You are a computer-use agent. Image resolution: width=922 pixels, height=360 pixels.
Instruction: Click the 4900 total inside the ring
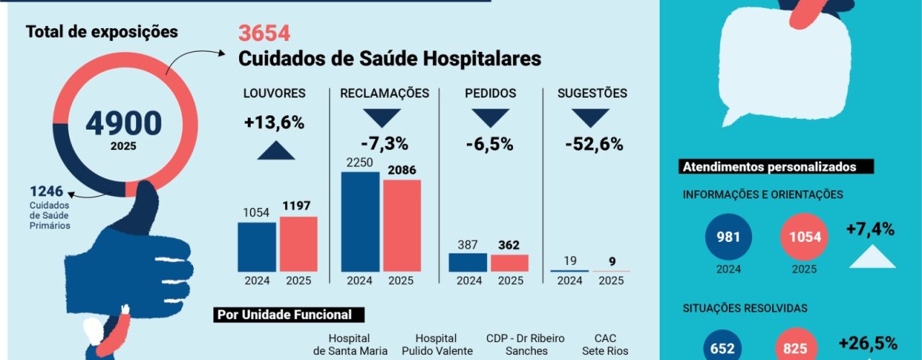click(x=123, y=123)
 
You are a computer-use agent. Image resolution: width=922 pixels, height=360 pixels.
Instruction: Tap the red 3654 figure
click(x=264, y=33)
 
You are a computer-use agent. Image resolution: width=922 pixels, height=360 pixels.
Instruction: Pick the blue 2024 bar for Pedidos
click(x=467, y=262)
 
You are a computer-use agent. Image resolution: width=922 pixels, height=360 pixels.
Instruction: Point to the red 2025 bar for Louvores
click(x=298, y=243)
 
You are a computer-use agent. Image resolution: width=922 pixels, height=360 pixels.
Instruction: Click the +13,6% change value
click(x=274, y=122)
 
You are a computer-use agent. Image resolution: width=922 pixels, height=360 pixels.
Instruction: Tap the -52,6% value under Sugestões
click(x=594, y=144)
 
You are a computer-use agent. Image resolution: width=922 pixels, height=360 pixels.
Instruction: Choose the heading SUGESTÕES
click(x=592, y=94)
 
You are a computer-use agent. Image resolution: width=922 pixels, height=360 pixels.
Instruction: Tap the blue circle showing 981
click(x=728, y=237)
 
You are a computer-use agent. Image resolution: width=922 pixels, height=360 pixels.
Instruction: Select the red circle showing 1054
click(x=804, y=237)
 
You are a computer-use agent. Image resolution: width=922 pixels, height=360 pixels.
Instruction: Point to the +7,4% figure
click(x=870, y=230)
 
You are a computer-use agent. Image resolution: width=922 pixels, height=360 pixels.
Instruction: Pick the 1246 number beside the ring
click(x=46, y=192)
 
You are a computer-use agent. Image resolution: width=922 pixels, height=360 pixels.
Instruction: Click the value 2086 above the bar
click(x=401, y=171)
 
